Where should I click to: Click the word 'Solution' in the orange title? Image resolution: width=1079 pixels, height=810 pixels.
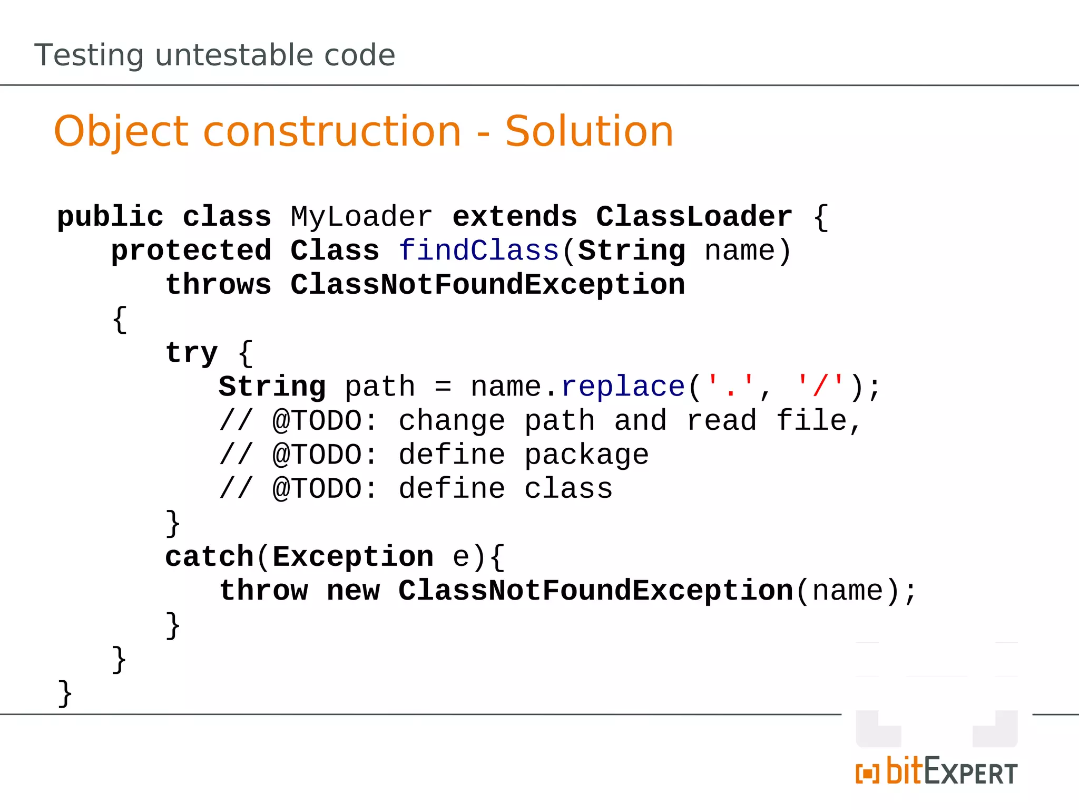(589, 131)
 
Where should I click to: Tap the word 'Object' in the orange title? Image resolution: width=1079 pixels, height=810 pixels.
(121, 131)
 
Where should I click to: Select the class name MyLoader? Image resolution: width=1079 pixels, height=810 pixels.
(361, 217)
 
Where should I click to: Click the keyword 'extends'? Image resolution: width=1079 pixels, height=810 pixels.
(515, 217)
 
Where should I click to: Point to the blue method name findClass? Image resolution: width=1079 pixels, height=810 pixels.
(478, 250)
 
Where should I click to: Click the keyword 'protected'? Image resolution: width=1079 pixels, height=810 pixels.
(191, 250)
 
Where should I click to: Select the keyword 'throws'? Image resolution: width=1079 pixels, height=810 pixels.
(218, 285)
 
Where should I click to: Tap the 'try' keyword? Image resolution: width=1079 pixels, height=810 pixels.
(191, 353)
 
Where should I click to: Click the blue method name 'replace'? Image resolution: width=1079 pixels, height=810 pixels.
(623, 387)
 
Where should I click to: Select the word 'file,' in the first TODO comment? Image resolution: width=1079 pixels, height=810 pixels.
(819, 421)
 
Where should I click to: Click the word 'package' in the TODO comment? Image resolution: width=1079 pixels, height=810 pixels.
(586, 455)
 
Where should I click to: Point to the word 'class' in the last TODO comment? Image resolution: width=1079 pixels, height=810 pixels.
(568, 489)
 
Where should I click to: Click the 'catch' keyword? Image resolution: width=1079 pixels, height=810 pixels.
(209, 557)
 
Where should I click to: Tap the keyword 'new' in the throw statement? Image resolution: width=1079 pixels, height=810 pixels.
(353, 591)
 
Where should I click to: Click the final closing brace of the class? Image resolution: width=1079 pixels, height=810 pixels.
(65, 693)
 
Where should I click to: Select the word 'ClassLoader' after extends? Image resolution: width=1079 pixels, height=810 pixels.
(694, 217)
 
